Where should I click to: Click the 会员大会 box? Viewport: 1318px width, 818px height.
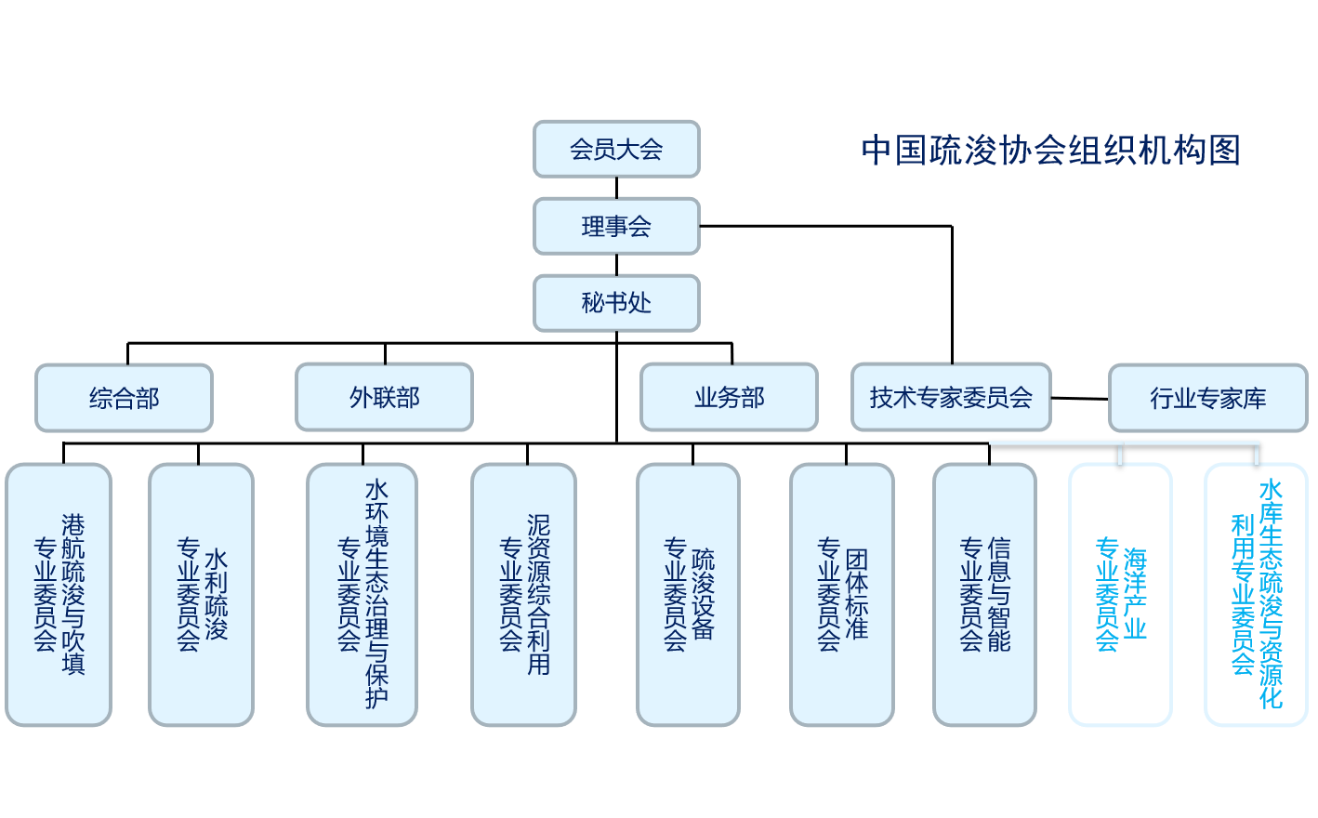(616, 149)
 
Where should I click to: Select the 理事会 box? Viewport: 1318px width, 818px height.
(616, 226)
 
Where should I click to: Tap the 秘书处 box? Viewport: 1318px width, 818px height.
(616, 303)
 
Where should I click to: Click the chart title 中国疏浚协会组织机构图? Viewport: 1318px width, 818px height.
(1050, 150)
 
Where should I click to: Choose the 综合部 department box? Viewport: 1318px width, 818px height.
(124, 398)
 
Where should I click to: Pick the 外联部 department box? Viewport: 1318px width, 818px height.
(384, 398)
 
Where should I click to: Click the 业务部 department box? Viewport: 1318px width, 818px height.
(729, 398)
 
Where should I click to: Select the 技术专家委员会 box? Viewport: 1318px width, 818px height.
(951, 398)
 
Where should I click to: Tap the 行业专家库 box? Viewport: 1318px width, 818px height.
(1207, 398)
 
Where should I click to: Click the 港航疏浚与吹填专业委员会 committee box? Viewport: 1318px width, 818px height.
(59, 595)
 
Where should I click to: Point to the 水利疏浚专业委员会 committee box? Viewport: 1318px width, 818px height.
(201, 595)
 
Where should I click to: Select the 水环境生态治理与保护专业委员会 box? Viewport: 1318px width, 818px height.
(362, 595)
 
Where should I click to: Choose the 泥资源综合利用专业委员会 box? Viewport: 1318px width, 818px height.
(523, 595)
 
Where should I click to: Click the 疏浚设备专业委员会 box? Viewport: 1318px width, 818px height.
(688, 595)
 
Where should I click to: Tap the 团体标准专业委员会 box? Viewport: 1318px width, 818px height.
(841, 595)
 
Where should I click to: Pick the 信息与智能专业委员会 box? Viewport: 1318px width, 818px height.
(984, 595)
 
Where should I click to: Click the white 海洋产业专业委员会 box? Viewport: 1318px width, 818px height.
(1120, 595)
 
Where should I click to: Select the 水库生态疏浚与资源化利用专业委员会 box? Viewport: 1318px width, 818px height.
(1256, 595)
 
